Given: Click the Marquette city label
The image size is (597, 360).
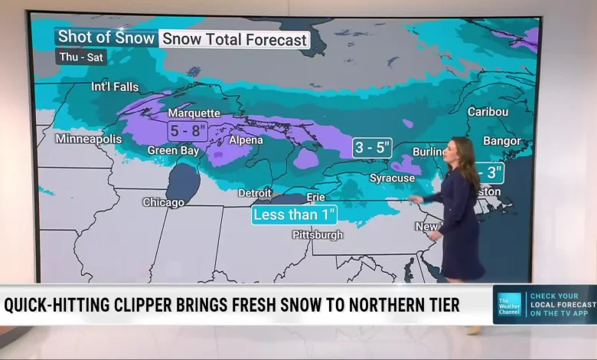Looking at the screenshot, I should [x=194, y=113].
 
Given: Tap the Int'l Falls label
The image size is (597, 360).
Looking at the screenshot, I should [x=115, y=87].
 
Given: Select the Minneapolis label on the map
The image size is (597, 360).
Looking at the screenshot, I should [x=89, y=139].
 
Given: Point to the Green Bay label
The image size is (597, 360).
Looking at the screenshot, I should [x=173, y=151].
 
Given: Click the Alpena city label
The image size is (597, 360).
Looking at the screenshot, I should [x=246, y=140].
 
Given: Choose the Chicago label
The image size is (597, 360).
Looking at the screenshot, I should [x=163, y=203].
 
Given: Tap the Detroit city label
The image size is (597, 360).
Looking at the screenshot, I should [x=254, y=193].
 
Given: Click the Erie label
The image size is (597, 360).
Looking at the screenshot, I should [x=315, y=198].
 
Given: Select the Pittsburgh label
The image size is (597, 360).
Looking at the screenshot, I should [x=318, y=235].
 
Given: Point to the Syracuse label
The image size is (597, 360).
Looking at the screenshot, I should [x=392, y=178].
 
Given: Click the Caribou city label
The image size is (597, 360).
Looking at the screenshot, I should [x=488, y=112].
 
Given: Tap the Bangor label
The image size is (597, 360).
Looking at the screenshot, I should [x=502, y=141].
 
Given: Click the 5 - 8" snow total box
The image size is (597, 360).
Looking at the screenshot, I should [x=188, y=130].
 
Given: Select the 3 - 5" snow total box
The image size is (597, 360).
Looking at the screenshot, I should [x=372, y=147].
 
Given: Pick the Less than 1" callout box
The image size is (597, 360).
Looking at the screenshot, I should [x=295, y=215].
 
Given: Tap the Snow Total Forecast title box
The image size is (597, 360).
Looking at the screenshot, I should [x=235, y=40].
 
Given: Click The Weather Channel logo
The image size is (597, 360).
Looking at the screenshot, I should [x=509, y=304].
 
